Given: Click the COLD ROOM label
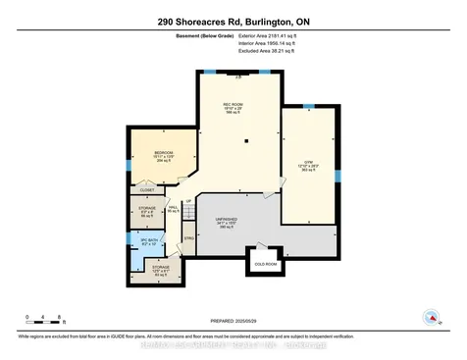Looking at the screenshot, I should click(x=266, y=264).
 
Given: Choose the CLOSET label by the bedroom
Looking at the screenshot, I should click(x=146, y=189).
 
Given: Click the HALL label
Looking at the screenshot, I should click(x=173, y=208).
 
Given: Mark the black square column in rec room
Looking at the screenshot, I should click(x=246, y=140).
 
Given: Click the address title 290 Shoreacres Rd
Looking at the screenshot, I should click(x=233, y=21).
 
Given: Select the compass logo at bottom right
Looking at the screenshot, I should click(x=430, y=316).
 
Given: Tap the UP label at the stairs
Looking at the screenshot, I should click(x=188, y=199).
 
